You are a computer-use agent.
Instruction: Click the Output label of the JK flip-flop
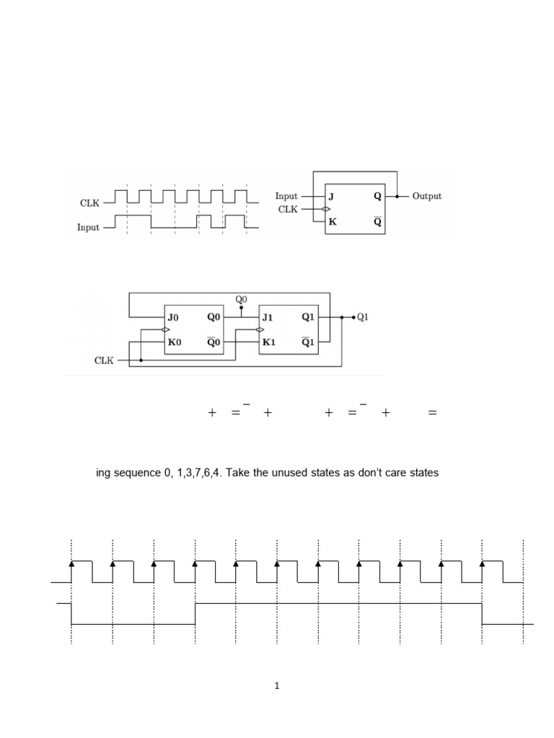(427, 196)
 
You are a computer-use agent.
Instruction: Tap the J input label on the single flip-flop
(331, 196)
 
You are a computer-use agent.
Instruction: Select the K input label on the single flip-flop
(332, 222)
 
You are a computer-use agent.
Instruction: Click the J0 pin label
(173, 318)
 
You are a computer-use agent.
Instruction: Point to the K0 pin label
(175, 342)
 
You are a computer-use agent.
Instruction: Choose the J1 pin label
(267, 318)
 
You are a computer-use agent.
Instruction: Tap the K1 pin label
(268, 342)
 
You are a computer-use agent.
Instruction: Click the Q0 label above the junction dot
(241, 299)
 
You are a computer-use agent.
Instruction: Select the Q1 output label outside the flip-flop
(362, 317)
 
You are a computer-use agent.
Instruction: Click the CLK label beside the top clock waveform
(89, 203)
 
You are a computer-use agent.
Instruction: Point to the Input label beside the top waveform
(88, 227)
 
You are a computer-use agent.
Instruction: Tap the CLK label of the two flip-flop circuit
(104, 360)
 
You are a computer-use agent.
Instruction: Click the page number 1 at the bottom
(276, 686)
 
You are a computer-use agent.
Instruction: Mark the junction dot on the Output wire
(397, 196)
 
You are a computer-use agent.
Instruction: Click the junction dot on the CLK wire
(141, 360)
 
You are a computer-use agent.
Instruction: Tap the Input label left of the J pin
(286, 196)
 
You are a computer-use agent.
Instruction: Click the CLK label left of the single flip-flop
(288, 209)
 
